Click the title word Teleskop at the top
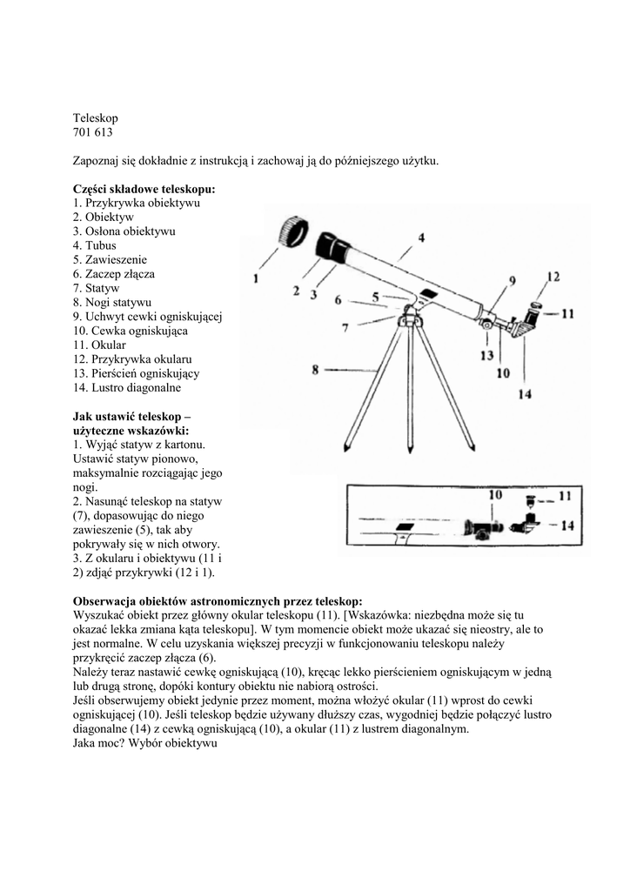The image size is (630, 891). (95, 117)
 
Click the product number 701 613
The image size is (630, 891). (93, 132)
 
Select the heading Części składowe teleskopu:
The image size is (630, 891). (144, 189)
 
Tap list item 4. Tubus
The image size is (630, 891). (95, 245)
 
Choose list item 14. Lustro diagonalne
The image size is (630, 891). (127, 387)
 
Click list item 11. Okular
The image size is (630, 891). (100, 345)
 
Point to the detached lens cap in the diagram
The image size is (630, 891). (294, 232)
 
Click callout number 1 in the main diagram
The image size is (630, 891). (256, 278)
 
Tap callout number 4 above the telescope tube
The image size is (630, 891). (420, 238)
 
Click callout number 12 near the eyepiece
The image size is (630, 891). (553, 278)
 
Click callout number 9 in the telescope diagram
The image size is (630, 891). (512, 280)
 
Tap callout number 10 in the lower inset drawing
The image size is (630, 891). (495, 495)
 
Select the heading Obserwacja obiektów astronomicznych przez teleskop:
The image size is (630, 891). (218, 600)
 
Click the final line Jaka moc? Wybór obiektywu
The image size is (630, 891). (144, 744)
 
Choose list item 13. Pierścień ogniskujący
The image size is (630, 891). (137, 373)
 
